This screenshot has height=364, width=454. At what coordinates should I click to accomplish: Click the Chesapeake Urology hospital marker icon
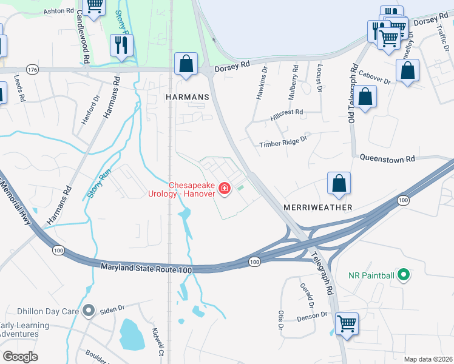tap(225, 189)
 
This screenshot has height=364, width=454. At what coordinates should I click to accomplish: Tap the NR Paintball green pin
tap(402, 275)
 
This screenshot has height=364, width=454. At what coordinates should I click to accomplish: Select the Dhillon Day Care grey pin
tap(89, 311)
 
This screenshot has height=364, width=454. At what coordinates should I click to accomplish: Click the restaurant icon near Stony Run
tap(121, 46)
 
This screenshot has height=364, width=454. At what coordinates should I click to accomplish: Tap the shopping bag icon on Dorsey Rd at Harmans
tap(186, 64)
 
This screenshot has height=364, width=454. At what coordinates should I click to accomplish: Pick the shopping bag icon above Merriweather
tap(339, 184)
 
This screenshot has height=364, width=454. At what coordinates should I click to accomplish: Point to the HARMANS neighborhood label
tap(187, 97)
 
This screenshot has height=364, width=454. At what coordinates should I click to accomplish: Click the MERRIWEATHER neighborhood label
tap(317, 207)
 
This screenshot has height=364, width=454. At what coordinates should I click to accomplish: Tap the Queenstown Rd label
tap(387, 158)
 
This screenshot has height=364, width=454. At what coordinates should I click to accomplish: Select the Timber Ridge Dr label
tap(283, 144)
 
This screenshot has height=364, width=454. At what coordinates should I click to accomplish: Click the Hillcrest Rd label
tap(287, 113)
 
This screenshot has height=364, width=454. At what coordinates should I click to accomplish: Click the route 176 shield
tap(33, 70)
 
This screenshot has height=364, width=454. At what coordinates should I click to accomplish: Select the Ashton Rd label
tap(59, 11)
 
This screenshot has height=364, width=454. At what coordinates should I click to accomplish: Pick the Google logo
tap(21, 356)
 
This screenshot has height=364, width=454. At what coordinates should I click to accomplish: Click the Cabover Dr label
tap(374, 78)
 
